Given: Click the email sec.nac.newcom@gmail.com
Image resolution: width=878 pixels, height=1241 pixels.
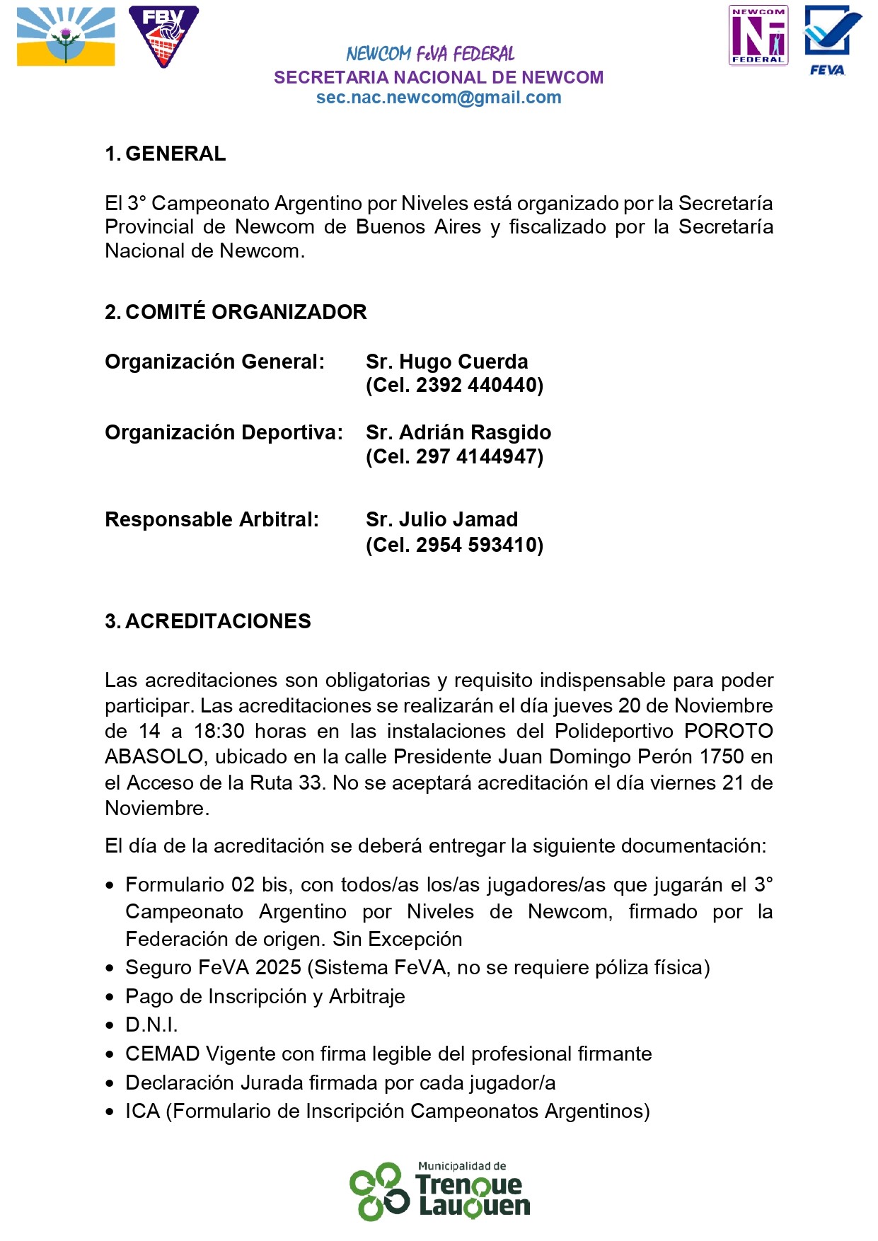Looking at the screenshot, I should click(x=439, y=98).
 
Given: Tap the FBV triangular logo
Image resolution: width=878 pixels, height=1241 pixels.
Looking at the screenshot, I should click(x=163, y=37).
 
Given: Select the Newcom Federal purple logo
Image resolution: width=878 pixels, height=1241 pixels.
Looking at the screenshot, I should click(x=758, y=35).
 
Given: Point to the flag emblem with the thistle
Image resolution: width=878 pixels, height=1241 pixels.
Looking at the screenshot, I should click(x=66, y=37).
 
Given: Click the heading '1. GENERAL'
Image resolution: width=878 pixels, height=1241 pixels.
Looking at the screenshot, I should click(x=166, y=154).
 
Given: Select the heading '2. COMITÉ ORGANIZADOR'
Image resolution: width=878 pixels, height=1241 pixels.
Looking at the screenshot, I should click(x=236, y=312).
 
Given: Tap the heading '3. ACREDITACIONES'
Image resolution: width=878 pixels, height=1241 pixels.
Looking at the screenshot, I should click(x=208, y=621).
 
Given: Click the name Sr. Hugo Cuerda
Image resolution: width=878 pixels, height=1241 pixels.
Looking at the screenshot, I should click(x=446, y=362).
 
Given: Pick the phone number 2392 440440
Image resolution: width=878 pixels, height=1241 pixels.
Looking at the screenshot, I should click(x=478, y=386).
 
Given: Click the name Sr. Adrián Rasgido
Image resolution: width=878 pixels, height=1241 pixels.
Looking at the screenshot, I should click(x=458, y=432).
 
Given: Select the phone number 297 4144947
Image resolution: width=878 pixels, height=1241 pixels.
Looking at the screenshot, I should click(x=478, y=456).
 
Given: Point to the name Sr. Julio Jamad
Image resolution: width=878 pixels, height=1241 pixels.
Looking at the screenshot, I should click(x=441, y=519).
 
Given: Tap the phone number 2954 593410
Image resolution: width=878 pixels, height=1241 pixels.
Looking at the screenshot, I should click(x=478, y=545).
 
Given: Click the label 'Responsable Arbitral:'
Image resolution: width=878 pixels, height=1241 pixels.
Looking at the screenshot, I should click(x=212, y=519).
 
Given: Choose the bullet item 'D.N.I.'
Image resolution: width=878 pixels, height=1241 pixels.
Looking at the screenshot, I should click(x=151, y=1024).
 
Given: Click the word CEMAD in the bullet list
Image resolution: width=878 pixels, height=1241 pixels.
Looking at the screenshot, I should click(x=163, y=1054).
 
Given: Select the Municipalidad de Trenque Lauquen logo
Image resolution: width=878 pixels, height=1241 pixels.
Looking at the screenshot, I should click(x=439, y=1191).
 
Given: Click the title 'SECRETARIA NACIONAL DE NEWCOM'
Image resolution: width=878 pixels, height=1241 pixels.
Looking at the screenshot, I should click(x=439, y=77).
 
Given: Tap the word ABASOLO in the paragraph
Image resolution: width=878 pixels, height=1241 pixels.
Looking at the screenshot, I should click(x=154, y=757).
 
